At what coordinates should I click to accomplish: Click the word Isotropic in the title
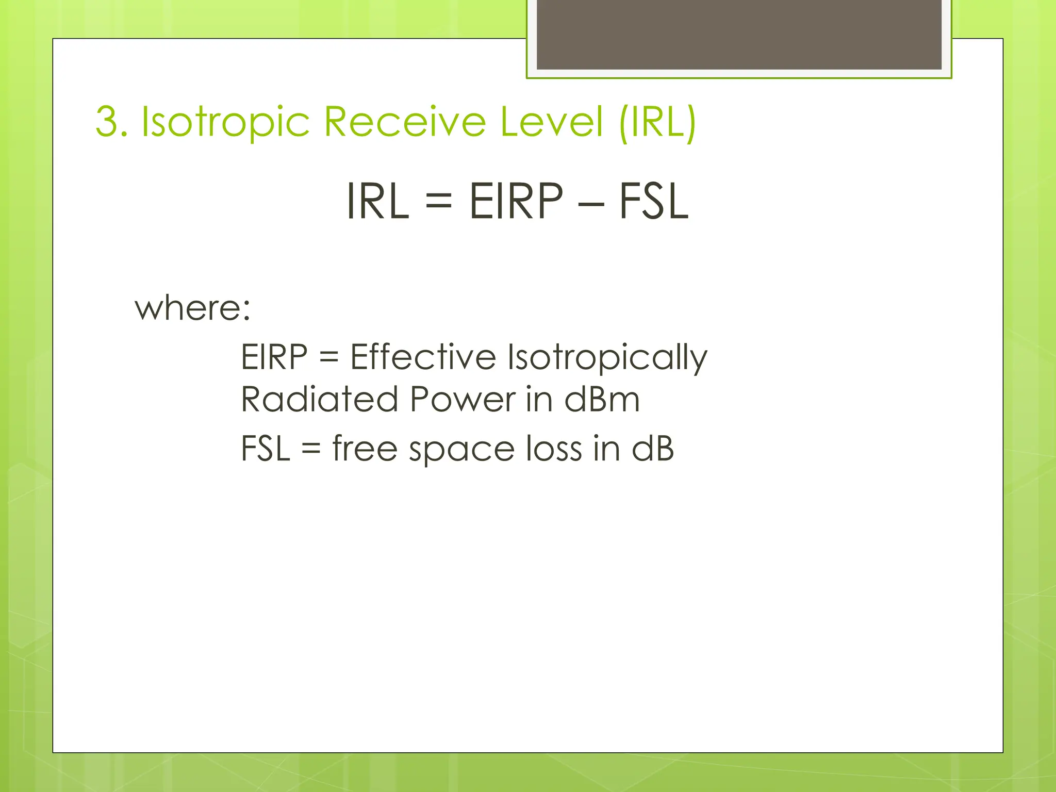click(225, 123)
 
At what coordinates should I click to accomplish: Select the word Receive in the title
click(405, 122)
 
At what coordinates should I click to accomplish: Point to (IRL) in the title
click(657, 123)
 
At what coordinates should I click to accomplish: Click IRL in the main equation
click(378, 201)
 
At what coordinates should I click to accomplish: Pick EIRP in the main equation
click(516, 201)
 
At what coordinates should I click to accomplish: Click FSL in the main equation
click(653, 201)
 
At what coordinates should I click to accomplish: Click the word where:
click(192, 308)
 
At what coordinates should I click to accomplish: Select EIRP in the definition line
click(274, 357)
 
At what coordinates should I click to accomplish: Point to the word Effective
click(423, 357)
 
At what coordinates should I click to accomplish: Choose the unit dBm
click(602, 400)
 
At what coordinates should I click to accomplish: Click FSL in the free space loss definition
click(265, 449)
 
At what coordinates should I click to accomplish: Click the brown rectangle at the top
click(739, 34)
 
